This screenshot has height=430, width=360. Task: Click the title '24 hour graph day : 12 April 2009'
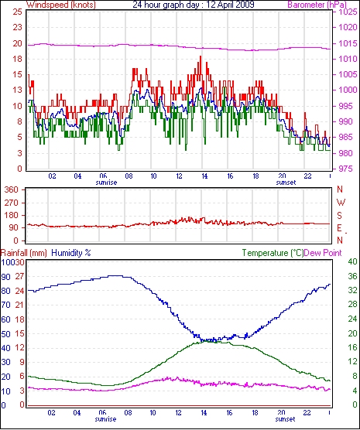coord(194,5)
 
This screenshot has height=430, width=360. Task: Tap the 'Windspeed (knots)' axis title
coord(61,5)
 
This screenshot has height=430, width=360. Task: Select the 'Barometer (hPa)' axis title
coord(317,5)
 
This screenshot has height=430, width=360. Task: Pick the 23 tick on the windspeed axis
coord(18,27)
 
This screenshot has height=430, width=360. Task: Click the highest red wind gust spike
coord(201,56)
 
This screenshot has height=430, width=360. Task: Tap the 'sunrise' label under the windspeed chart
coord(106,183)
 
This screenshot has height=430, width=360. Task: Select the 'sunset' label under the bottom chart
coord(285,419)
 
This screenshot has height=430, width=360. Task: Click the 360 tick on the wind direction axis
coord(12,189)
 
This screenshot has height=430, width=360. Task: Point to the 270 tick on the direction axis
coord(12,203)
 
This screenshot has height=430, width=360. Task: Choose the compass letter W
coord(341,203)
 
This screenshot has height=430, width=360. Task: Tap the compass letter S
coord(340,216)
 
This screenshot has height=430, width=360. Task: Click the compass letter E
coord(340,228)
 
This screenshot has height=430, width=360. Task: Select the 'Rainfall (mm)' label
coord(24,253)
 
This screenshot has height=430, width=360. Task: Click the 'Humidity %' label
coord(71,253)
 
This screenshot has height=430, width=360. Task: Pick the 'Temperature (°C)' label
coord(273,253)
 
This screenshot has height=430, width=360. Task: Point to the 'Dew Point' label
coord(323,253)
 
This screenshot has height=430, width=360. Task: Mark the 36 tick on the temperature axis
coord(352,276)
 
